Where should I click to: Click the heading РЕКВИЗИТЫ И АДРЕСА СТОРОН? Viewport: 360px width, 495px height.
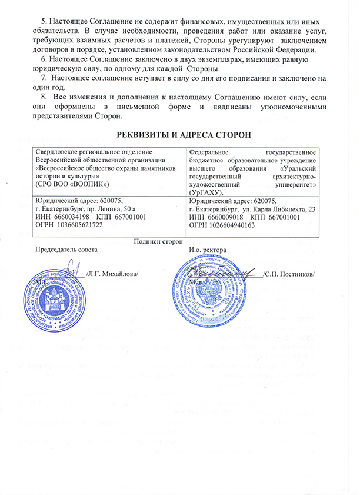[x=179, y=135]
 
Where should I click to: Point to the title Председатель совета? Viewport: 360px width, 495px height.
[x=65, y=250]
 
